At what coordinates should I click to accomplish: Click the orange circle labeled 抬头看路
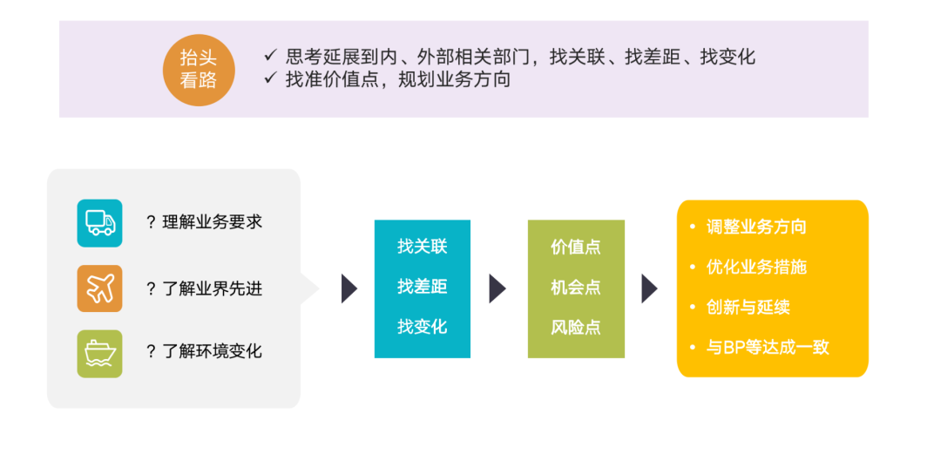[x=199, y=70]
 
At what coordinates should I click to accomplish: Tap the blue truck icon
[x=99, y=223]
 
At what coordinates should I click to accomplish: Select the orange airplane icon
[x=99, y=288]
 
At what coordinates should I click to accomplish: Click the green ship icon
[x=99, y=353]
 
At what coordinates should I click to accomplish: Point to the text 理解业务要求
[x=212, y=222]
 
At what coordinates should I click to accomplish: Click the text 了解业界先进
[x=212, y=288]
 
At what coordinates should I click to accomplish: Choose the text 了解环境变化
[x=212, y=352]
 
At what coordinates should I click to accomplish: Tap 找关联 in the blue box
[x=423, y=247]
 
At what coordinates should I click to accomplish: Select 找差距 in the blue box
[x=423, y=287]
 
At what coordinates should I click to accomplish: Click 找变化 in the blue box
[x=423, y=327]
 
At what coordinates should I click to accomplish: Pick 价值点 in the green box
[x=576, y=247]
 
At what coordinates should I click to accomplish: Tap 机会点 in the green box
[x=576, y=287]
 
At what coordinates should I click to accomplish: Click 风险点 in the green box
[x=576, y=327]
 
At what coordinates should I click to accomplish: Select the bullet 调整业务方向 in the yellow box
[x=756, y=227]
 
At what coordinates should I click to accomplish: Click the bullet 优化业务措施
[x=756, y=268]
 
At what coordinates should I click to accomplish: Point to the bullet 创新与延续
[x=748, y=308]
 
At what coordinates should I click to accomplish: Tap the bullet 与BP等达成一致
[x=768, y=348]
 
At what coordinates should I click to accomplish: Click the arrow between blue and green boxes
[x=498, y=288]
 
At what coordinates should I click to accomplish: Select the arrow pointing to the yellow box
[x=649, y=288]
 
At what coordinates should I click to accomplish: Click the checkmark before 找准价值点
[x=270, y=78]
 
